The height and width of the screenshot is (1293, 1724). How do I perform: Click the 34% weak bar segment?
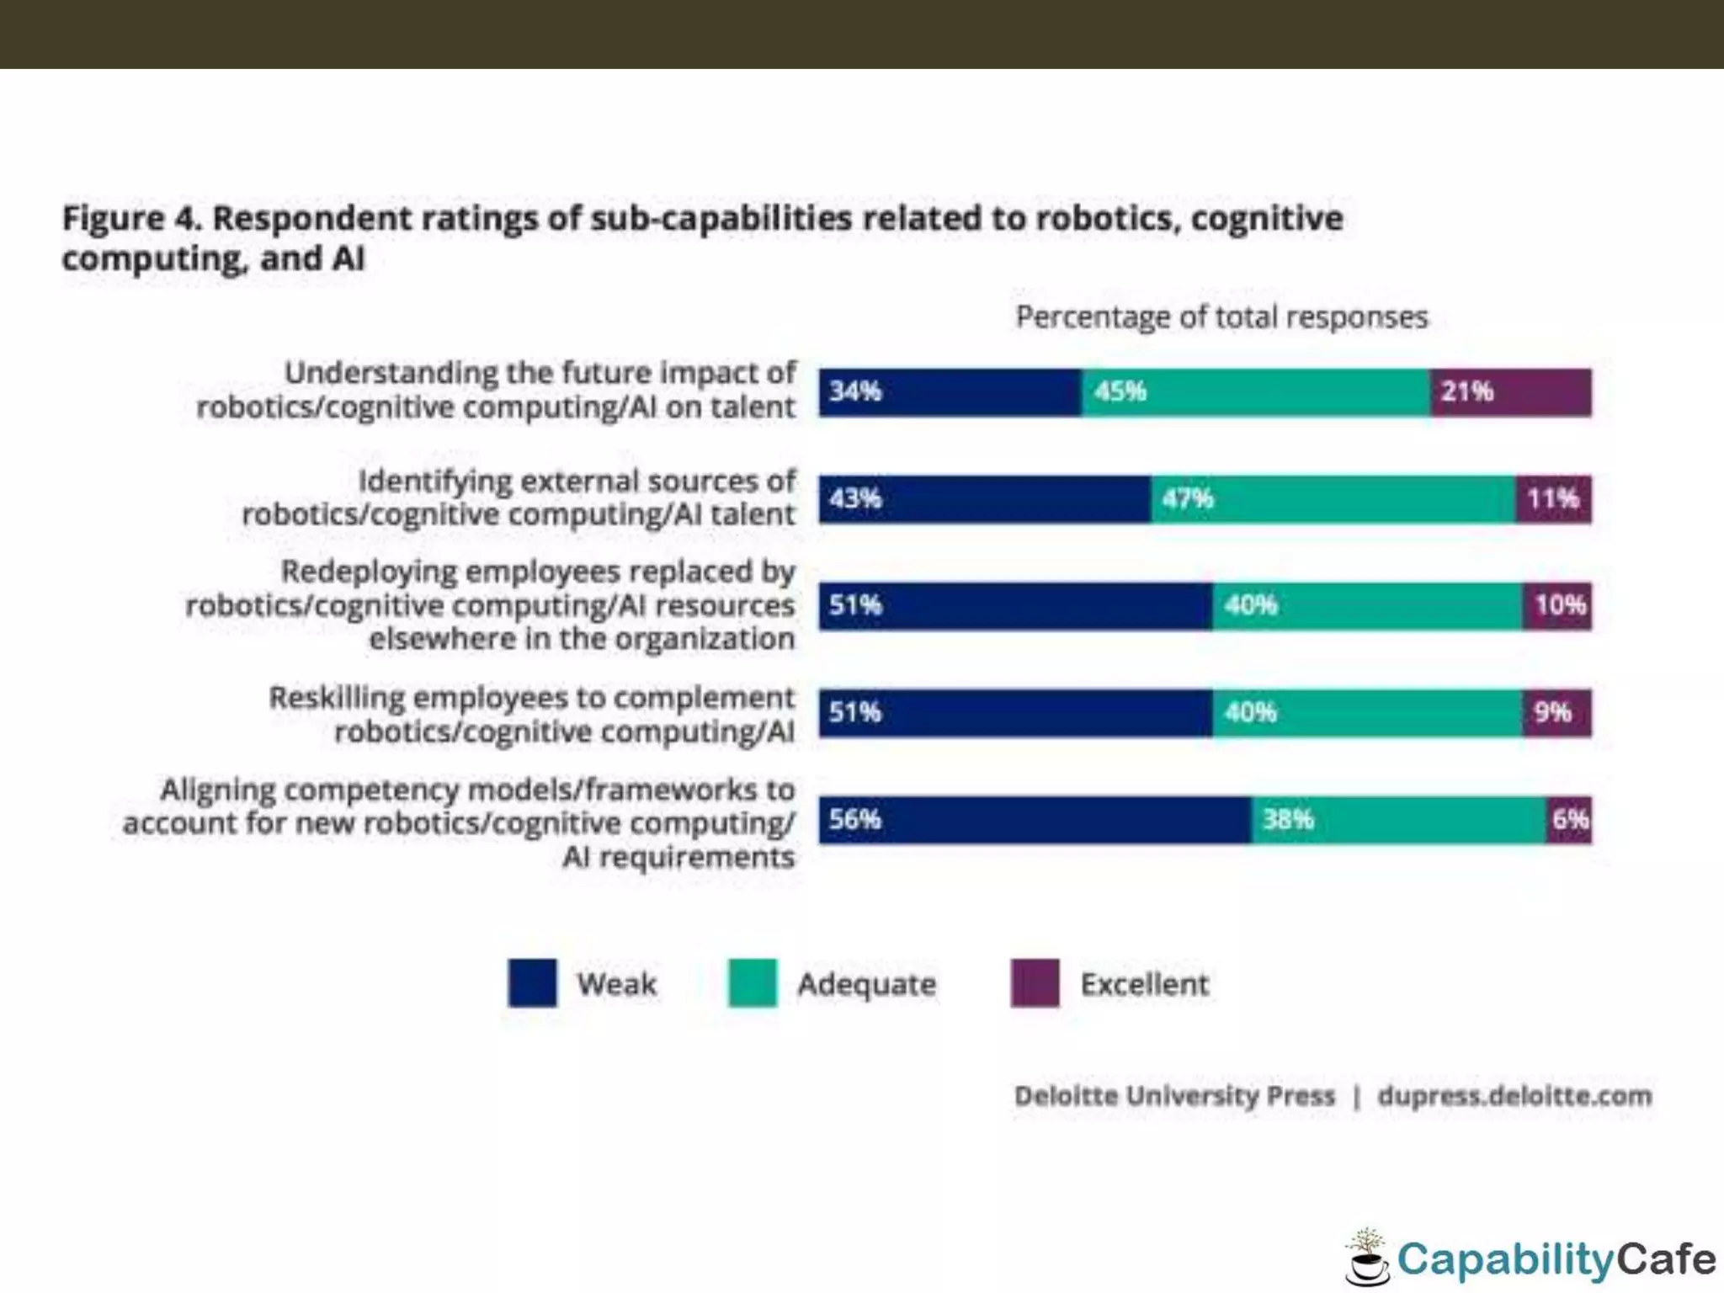coord(950,392)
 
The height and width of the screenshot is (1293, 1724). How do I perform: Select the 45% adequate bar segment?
coord(1255,392)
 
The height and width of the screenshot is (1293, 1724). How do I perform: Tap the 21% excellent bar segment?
coord(1511,392)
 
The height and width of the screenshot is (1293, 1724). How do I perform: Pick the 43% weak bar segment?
coord(984,499)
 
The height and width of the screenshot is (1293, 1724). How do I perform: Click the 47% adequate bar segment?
coord(1333,499)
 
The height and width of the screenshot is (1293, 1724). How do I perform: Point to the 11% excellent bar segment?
coord(1554,499)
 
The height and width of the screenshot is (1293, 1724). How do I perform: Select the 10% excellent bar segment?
coord(1557,606)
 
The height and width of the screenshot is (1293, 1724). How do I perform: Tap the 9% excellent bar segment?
coord(1557,713)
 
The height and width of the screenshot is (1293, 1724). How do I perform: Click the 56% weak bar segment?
coord(1035,820)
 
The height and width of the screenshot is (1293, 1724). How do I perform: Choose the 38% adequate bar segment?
coord(1398,820)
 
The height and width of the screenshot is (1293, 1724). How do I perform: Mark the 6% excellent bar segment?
coord(1569,820)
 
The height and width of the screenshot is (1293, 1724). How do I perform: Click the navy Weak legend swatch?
coord(532,982)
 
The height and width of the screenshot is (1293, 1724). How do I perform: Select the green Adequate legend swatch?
coord(752,982)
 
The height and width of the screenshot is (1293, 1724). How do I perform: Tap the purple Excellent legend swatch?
coord(1035,982)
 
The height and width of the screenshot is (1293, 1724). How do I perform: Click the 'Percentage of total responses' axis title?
coord(1221,317)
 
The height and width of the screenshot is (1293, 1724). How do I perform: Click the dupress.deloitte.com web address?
coord(1514,1096)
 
